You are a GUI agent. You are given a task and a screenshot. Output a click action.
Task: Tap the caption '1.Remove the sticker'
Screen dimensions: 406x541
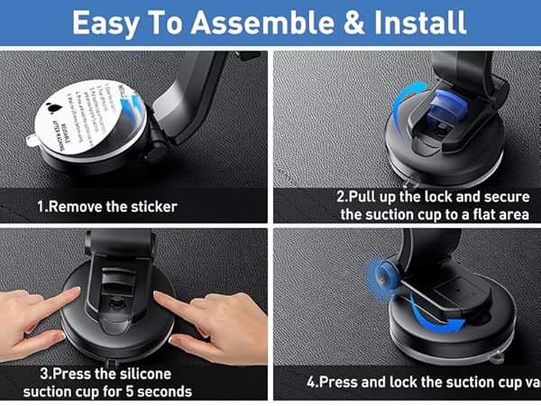coord(107,207)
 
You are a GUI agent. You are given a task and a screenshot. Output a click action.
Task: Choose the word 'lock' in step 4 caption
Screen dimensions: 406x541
coord(432,383)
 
